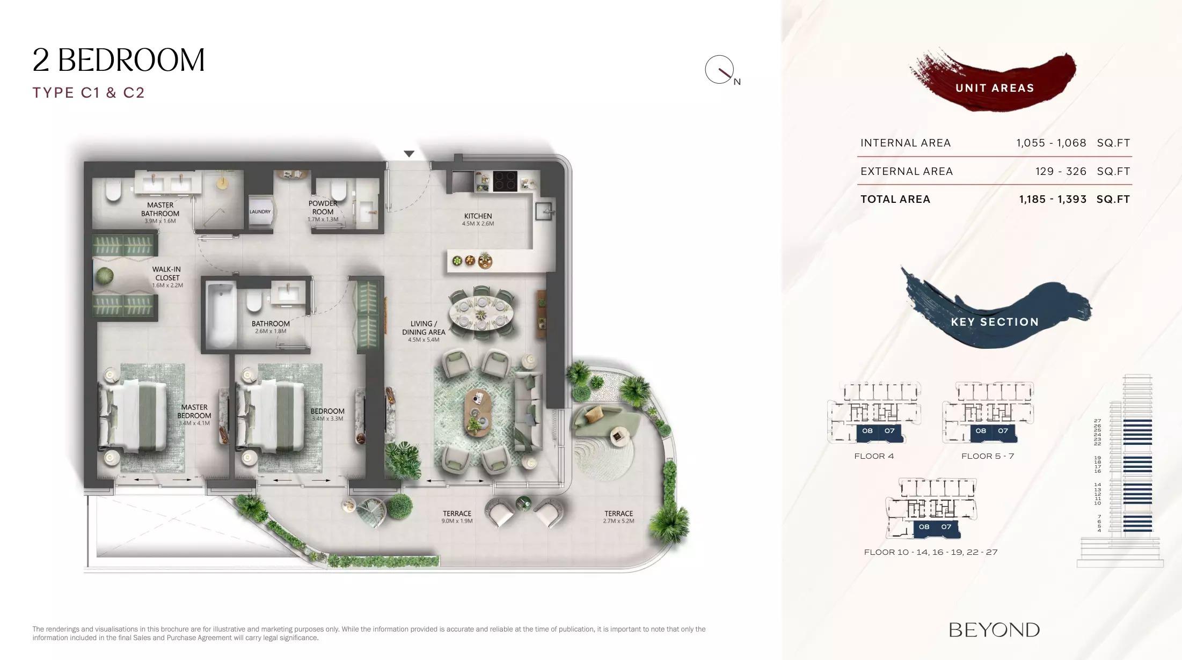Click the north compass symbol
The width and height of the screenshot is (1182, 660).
tap(720, 70)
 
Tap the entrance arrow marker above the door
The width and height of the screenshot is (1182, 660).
tap(409, 154)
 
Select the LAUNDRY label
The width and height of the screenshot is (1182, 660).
tap(260, 212)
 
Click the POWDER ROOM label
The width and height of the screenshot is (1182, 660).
tap(323, 208)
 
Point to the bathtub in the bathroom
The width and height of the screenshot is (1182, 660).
tap(221, 314)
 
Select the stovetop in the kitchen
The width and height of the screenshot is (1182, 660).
tap(505, 181)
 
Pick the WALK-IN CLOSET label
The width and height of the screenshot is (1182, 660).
tap(167, 274)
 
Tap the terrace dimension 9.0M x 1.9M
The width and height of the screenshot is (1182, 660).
tap(457, 521)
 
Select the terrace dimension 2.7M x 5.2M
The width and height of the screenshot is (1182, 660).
tap(618, 521)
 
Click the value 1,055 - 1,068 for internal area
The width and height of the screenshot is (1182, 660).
tap(1050, 143)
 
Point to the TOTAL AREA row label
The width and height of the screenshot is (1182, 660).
tap(895, 200)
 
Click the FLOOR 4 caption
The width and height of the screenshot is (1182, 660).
tap(873, 456)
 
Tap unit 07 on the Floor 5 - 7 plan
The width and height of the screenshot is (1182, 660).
tap(1003, 431)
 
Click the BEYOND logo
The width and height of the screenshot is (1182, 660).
tap(994, 630)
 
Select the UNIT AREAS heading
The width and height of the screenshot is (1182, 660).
tap(994, 88)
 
